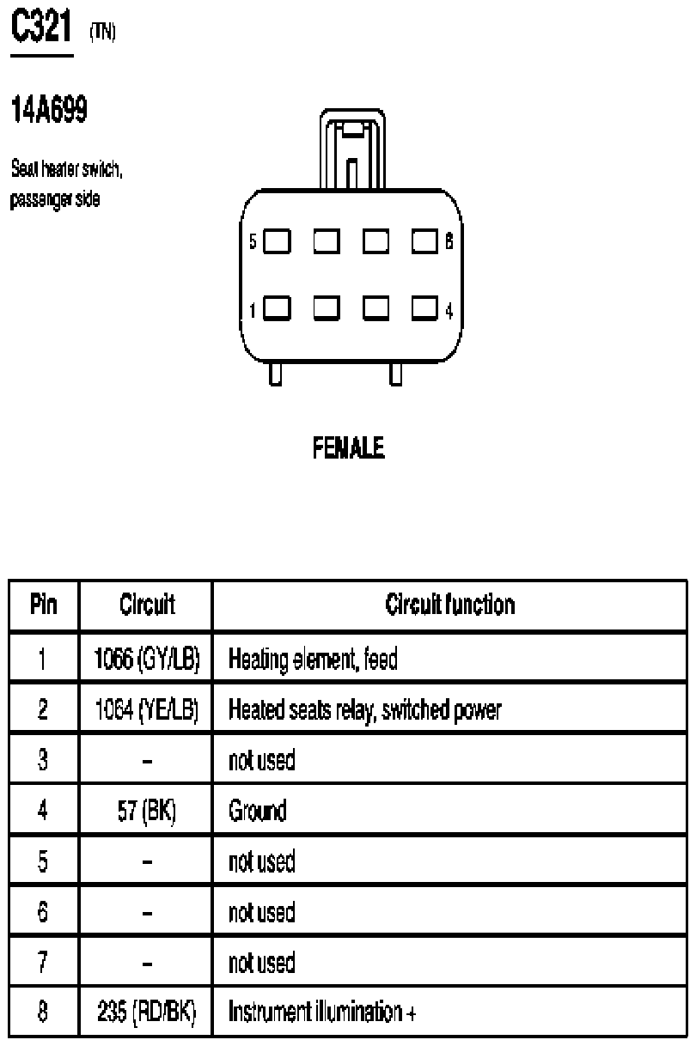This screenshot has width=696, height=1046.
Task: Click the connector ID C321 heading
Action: coord(41,26)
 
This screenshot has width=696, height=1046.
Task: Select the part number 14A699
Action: coord(49,109)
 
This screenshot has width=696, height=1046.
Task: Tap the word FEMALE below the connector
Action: coord(349,447)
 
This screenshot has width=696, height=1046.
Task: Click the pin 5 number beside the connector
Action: coord(253,241)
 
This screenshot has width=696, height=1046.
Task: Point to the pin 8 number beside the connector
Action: coord(449,241)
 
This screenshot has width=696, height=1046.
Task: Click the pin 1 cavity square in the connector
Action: coord(277,308)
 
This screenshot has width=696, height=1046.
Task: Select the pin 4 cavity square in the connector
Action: coord(424,308)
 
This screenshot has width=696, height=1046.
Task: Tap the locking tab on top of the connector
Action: coord(352,149)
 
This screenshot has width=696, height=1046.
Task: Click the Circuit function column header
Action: coord(450,605)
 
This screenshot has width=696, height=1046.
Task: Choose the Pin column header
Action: coord(44,605)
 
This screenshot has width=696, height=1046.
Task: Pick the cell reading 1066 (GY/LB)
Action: coord(147,659)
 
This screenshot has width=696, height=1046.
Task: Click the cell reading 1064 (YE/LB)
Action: coord(147,709)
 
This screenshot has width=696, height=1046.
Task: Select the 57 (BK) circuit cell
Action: coord(147,810)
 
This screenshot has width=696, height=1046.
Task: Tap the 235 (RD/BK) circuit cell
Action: coord(147,1012)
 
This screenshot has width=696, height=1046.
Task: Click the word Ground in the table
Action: coord(258,810)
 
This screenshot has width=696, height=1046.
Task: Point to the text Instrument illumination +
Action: coord(322,1012)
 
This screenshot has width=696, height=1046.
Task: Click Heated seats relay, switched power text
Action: coord(365,709)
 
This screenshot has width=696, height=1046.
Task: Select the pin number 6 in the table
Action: coord(42,911)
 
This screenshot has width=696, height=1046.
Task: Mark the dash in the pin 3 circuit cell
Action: coord(147,762)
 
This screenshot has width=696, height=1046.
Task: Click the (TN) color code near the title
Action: coord(102,32)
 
